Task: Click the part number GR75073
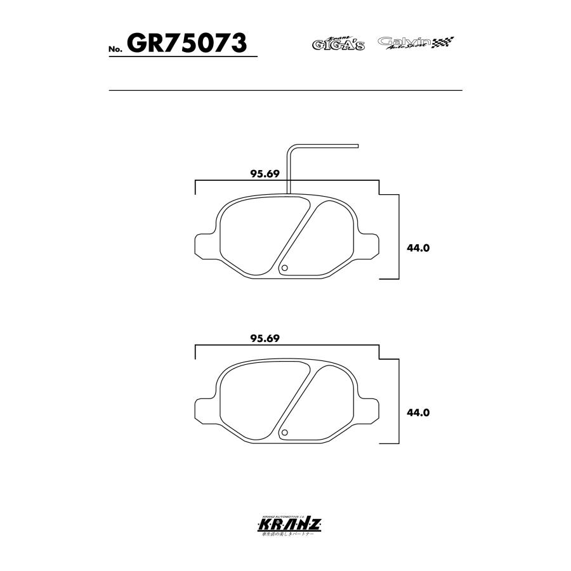(x=187, y=43)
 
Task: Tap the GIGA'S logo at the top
(x=338, y=43)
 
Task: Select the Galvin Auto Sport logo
(x=405, y=43)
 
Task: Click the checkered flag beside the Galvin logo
(x=443, y=43)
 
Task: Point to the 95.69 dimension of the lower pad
(x=265, y=339)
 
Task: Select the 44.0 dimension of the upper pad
(x=419, y=248)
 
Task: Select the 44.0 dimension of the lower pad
(x=419, y=412)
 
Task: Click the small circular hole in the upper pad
(x=285, y=268)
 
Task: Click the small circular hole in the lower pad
(x=285, y=433)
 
